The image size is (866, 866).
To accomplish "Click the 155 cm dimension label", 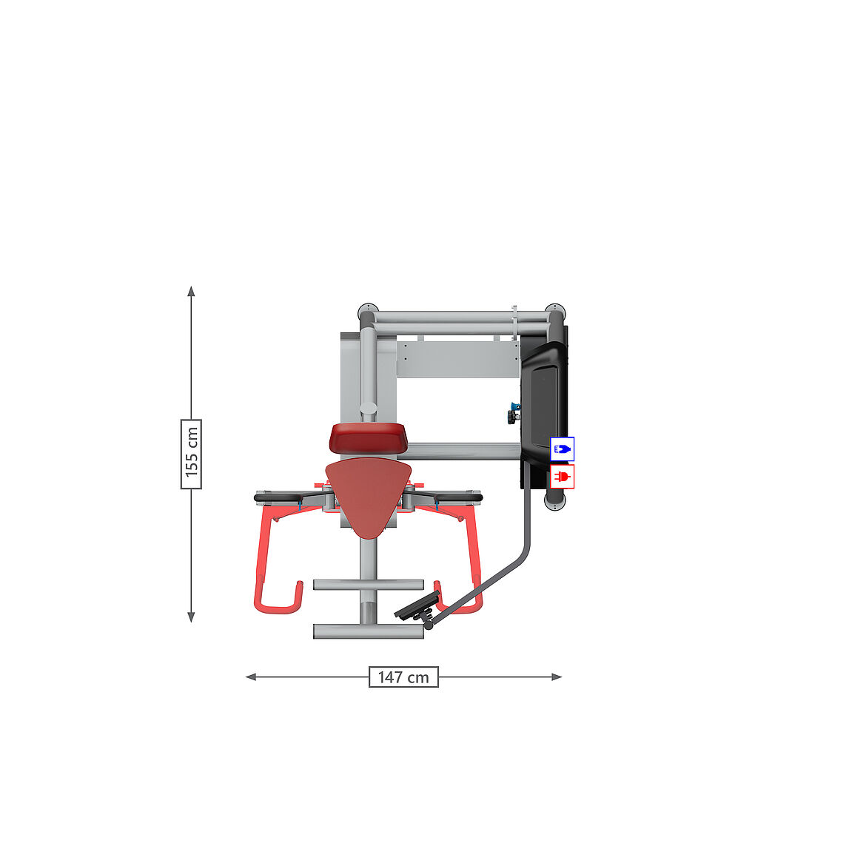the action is (x=191, y=454).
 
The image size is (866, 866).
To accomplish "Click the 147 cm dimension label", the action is (x=403, y=677).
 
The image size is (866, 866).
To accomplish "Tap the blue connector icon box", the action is (x=563, y=449).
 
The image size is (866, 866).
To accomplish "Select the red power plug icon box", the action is (x=563, y=477).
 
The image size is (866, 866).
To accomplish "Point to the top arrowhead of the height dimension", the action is (x=191, y=291).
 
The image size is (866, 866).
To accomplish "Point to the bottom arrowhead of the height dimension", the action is (x=191, y=617).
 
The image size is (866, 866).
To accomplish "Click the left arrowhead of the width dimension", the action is (x=251, y=677).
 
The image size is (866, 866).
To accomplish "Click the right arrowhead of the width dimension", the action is (x=557, y=677).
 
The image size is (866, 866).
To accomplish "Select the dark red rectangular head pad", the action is (x=369, y=437).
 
